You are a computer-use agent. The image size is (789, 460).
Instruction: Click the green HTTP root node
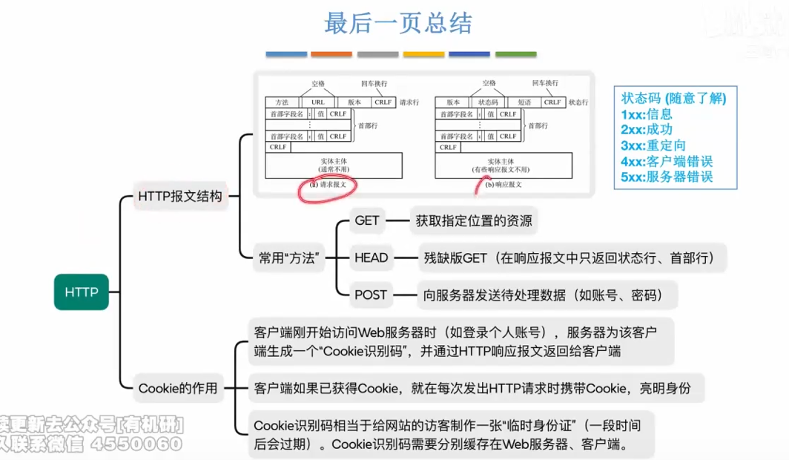pyautogui.click(x=82, y=292)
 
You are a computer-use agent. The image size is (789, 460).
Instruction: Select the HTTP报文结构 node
pyautogui.click(x=179, y=197)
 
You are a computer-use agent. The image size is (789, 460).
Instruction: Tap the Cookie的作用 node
pyautogui.click(x=178, y=387)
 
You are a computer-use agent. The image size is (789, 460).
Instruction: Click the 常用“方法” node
pyautogui.click(x=288, y=258)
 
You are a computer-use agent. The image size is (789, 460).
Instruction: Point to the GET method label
pyautogui.click(x=367, y=220)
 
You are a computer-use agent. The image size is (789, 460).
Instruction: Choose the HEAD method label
pyautogui.click(x=371, y=257)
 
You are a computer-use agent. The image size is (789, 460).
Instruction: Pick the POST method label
pyautogui.click(x=371, y=295)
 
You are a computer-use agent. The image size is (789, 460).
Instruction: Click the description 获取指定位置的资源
pyautogui.click(x=473, y=220)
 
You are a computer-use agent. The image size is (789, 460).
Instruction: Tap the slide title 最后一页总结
pyautogui.click(x=398, y=23)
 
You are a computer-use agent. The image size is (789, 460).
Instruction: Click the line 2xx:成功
pyautogui.click(x=647, y=129)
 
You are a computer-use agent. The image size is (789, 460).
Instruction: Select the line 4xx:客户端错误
pyautogui.click(x=667, y=160)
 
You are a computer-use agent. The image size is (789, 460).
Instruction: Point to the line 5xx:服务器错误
pyautogui.click(x=667, y=177)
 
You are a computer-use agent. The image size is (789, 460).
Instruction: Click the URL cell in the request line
pyautogui.click(x=318, y=102)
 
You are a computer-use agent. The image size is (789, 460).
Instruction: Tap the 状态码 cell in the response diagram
pyautogui.click(x=488, y=102)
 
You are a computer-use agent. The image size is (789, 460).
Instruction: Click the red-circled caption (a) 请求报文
pyautogui.click(x=327, y=184)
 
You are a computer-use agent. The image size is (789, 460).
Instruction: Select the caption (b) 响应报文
pyautogui.click(x=504, y=184)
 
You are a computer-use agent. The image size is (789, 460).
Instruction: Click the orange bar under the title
pyautogui.click(x=331, y=54)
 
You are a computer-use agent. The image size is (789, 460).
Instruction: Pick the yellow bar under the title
pyautogui.click(x=423, y=54)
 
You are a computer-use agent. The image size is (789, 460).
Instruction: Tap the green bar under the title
pyautogui.click(x=515, y=54)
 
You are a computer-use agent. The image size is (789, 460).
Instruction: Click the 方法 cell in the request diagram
pyautogui.click(x=282, y=102)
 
